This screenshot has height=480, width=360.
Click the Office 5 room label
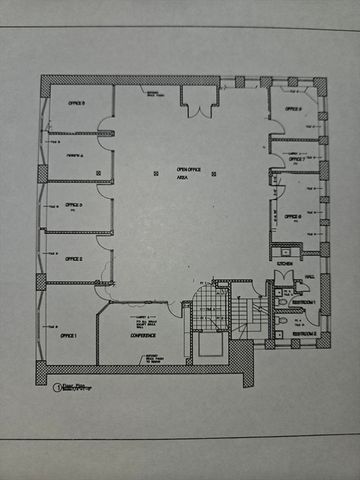pyautogui.click(x=76, y=103)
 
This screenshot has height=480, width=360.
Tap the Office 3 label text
pyautogui.click(x=74, y=205)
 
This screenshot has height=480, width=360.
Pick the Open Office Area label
pyautogui.click(x=188, y=176)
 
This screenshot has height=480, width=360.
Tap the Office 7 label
pyautogui.click(x=297, y=158)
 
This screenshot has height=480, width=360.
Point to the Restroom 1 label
pyautogui.click(x=305, y=301)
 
